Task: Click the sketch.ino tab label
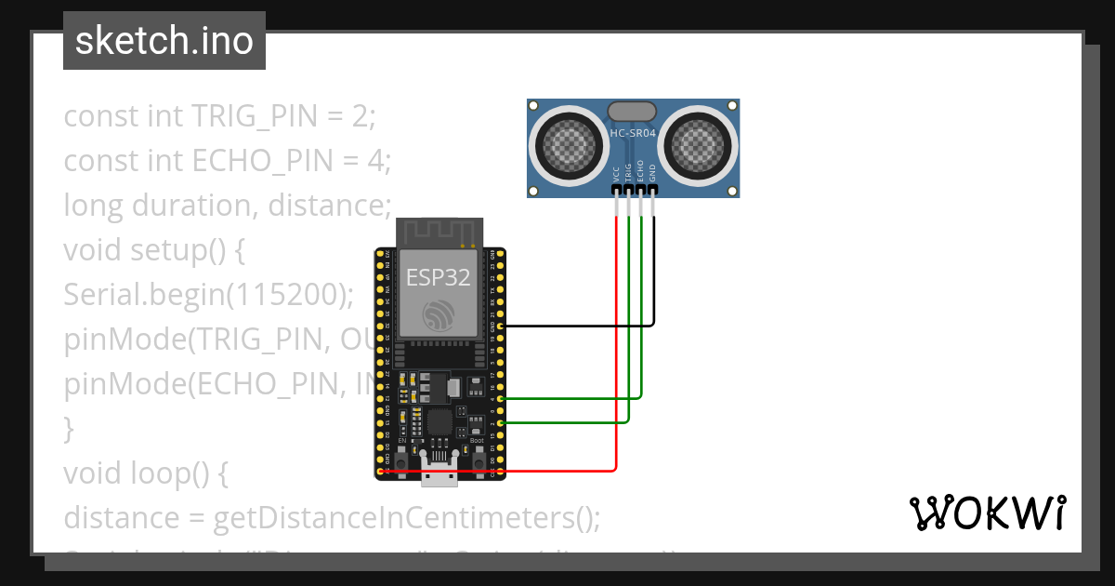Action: [164, 41]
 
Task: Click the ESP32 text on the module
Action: [438, 276]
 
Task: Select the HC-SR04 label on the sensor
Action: [633, 134]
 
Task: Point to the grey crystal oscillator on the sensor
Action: [633, 112]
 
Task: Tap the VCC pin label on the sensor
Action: [616, 173]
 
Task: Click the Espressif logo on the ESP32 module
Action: [438, 315]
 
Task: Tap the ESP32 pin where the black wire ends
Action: [501, 326]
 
